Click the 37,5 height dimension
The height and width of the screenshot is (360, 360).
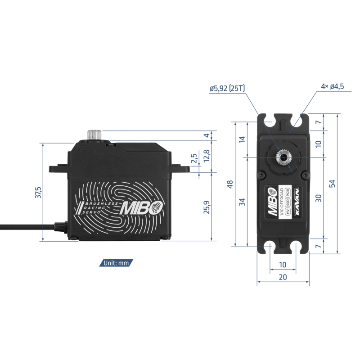(x=38, y=193)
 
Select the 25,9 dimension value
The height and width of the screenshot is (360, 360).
(x=207, y=207)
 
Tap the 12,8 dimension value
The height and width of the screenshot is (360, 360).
(x=207, y=156)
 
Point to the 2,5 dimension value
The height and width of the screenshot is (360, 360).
(x=194, y=158)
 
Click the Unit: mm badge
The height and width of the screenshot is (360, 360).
(x=116, y=263)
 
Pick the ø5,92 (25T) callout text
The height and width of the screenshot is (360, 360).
(x=227, y=88)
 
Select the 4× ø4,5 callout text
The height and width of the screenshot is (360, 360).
(x=333, y=86)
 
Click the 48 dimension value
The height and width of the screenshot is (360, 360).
(x=230, y=184)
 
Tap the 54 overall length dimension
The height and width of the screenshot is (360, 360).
(x=332, y=184)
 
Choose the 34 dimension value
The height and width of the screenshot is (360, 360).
(x=242, y=202)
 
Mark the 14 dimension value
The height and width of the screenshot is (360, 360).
(x=242, y=139)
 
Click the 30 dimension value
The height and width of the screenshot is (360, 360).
(x=318, y=198)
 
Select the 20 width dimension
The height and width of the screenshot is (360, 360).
(x=283, y=277)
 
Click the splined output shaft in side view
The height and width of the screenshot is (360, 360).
(x=94, y=135)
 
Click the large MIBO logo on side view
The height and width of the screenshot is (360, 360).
(x=142, y=208)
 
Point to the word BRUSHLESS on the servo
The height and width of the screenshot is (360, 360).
(x=102, y=204)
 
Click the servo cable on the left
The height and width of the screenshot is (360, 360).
(x=27, y=226)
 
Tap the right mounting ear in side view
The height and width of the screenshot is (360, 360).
(x=181, y=168)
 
